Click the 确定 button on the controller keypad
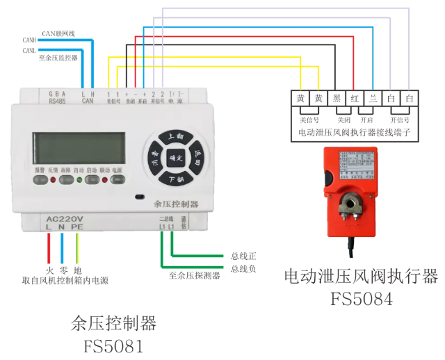pyautogui.click(x=175, y=158)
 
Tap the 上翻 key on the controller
pyautogui.click(x=175, y=137)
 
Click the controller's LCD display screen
pyautogui.click(x=79, y=148)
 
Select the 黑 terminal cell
pyautogui.click(x=337, y=99)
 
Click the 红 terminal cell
pyautogui.click(x=355, y=99)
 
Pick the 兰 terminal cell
pyautogui.click(x=373, y=99)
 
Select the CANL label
pyautogui.click(x=30, y=51)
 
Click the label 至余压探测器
pyautogui.click(x=195, y=276)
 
